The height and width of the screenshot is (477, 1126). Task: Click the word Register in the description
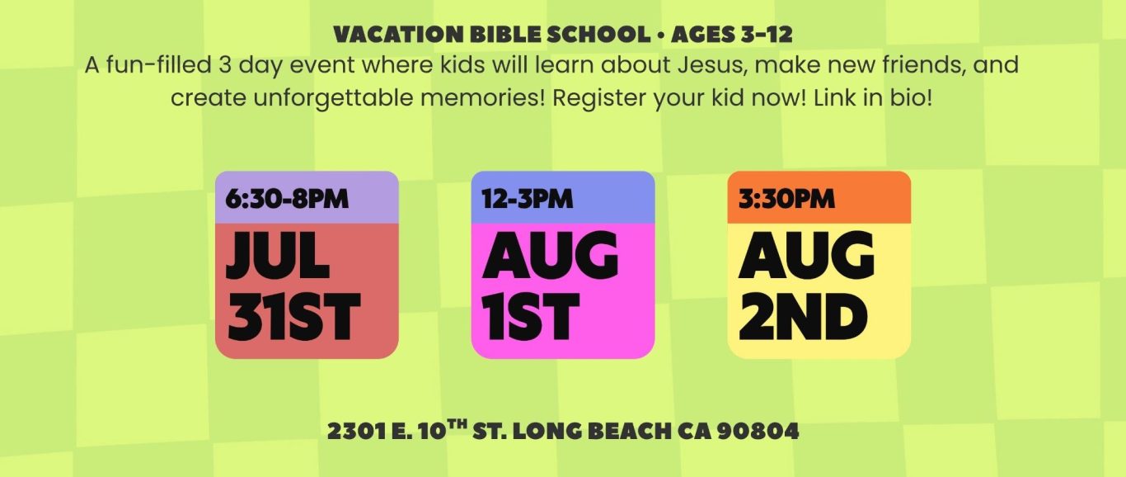click(x=600, y=99)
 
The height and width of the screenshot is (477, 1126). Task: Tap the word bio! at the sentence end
click(x=912, y=97)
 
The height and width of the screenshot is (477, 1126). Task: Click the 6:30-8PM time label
click(x=287, y=199)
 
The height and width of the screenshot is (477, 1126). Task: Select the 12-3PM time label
click(x=528, y=199)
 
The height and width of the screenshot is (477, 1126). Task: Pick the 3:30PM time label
click(x=786, y=199)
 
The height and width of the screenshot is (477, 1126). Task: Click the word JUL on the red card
click(x=278, y=255)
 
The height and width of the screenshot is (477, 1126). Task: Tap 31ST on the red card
click(x=294, y=317)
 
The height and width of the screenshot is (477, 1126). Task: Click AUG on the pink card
click(x=550, y=255)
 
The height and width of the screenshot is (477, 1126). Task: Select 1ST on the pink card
click(x=531, y=317)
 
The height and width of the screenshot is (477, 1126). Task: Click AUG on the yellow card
click(x=806, y=255)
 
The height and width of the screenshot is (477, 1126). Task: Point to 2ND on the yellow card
click(x=803, y=317)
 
